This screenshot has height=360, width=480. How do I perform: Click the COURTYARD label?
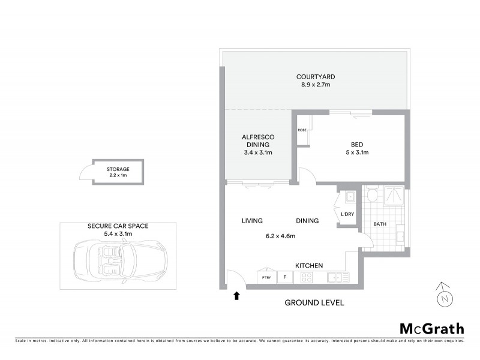(315, 77)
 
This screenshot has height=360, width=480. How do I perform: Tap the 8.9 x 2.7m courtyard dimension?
(315, 85)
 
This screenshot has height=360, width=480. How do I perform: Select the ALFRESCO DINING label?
(257, 141)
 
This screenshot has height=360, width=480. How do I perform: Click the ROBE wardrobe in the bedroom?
(302, 130)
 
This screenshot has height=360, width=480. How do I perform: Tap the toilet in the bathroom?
(371, 196)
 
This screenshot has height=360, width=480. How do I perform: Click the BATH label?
(380, 224)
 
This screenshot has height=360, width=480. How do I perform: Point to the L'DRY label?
(347, 214)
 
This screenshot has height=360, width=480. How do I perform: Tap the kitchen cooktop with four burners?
(306, 277)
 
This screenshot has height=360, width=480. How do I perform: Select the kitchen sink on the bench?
(337, 277)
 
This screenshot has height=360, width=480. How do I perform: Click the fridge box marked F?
(284, 277)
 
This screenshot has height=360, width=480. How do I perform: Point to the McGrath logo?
(432, 328)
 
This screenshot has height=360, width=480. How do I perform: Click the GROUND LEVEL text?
(314, 303)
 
